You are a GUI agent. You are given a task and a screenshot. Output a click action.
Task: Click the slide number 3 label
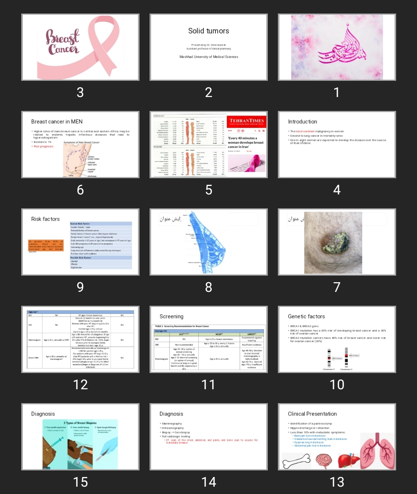click(80, 92)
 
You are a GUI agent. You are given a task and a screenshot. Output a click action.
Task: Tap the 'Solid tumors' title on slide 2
click(208, 31)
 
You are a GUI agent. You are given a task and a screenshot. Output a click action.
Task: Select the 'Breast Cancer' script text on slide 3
click(62, 42)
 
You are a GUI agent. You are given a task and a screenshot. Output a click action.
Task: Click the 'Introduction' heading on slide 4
click(302, 121)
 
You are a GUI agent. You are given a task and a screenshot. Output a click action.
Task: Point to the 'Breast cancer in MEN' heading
click(57, 121)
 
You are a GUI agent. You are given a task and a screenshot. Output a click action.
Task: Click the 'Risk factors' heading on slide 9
click(45, 219)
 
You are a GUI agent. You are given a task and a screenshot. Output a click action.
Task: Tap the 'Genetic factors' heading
click(306, 316)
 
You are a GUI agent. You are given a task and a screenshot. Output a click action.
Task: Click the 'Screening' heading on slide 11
click(171, 316)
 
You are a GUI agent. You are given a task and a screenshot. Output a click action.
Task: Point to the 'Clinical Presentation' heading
click(312, 414)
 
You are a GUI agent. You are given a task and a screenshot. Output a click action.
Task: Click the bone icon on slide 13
click(297, 460)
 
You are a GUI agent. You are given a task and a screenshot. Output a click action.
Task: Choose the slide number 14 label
click(208, 482)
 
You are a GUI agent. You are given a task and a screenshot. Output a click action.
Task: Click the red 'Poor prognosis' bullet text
click(44, 146)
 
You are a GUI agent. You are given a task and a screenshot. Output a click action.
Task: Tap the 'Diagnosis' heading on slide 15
click(43, 414)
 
